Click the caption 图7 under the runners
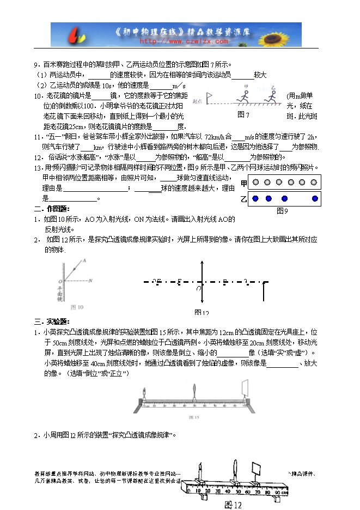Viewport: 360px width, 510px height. [x=243, y=115]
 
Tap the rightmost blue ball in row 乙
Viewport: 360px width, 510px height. [x=314, y=198]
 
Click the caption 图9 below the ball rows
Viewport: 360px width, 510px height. [x=282, y=210]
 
